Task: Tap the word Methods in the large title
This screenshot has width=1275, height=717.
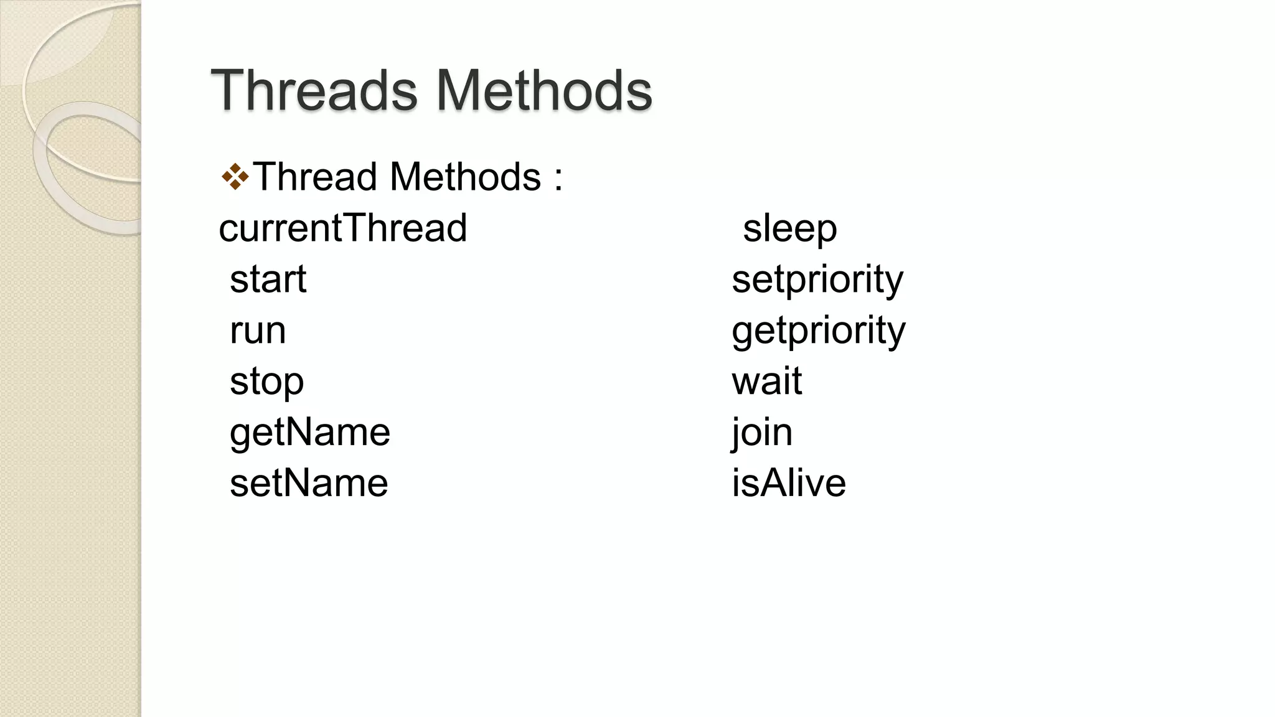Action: pyautogui.click(x=543, y=91)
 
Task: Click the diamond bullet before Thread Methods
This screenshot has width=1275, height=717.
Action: pyautogui.click(x=235, y=177)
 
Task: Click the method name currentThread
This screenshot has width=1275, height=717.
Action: pyautogui.click(x=342, y=228)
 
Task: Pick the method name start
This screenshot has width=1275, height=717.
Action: pyautogui.click(x=268, y=279)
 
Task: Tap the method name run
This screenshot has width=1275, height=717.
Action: pyautogui.click(x=258, y=330)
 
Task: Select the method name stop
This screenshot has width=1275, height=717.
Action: pyautogui.click(x=266, y=381)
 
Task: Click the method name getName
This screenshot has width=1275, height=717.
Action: pyautogui.click(x=309, y=432)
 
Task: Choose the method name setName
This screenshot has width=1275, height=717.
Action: pyautogui.click(x=309, y=483)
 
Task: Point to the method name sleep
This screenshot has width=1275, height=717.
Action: pyautogui.click(x=789, y=228)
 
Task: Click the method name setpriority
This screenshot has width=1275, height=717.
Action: pyautogui.click(x=817, y=279)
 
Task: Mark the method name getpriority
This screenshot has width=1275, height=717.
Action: pyautogui.click(x=818, y=330)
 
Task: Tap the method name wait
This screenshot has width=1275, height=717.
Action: pyautogui.click(x=766, y=381)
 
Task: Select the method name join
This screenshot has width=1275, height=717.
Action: pyautogui.click(x=762, y=432)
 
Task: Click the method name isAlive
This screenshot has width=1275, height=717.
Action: pyautogui.click(x=788, y=483)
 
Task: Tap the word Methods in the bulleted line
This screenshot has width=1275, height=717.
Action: pyautogui.click(x=465, y=177)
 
